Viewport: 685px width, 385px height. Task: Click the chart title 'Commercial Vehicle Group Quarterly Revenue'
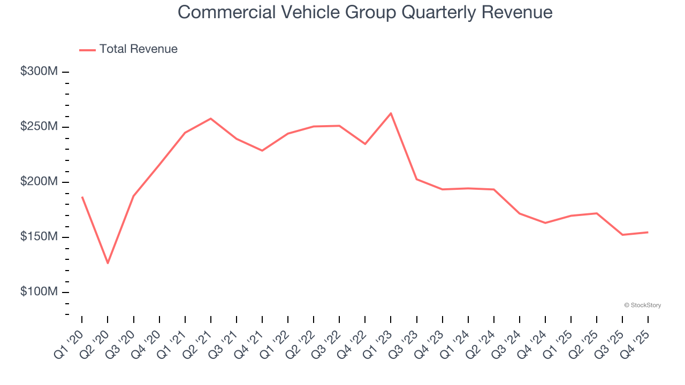pyautogui.click(x=364, y=12)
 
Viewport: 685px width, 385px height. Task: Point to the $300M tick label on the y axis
pyautogui.click(x=39, y=72)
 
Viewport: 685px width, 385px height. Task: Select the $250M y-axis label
pyautogui.click(x=39, y=127)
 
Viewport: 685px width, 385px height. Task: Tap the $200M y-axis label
pyautogui.click(x=39, y=182)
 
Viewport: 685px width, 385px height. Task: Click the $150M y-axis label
pyautogui.click(x=39, y=237)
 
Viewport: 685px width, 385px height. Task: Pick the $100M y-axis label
pyautogui.click(x=39, y=292)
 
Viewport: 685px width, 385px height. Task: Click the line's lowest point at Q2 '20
pyautogui.click(x=108, y=263)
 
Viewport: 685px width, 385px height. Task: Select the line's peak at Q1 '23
pyautogui.click(x=391, y=113)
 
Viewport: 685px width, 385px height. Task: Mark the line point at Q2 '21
pyautogui.click(x=211, y=119)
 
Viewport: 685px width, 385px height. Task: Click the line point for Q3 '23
pyautogui.click(x=417, y=179)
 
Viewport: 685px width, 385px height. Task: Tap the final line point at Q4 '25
pyautogui.click(x=648, y=232)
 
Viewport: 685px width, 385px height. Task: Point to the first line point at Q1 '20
pyautogui.click(x=82, y=197)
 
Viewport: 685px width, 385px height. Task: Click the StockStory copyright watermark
pyautogui.click(x=642, y=305)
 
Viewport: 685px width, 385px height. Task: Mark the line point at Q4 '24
pyautogui.click(x=545, y=223)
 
